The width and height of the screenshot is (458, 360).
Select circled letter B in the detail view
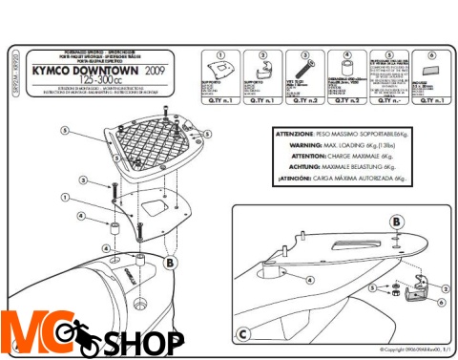[395, 222]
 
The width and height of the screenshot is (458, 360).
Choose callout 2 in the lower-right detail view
[445, 287]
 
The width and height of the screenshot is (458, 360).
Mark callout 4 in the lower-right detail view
[310, 280]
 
